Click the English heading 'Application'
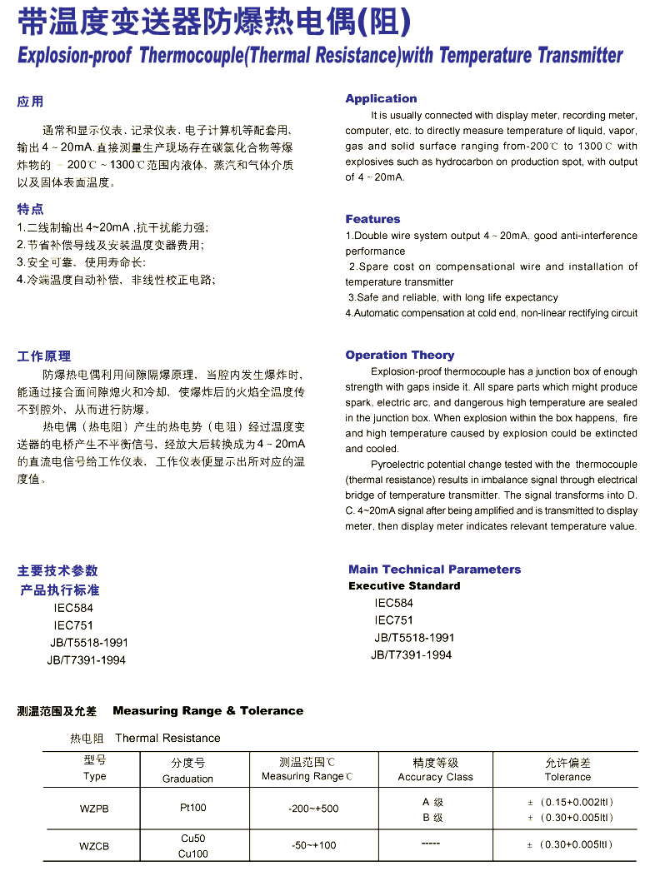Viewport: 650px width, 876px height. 381,98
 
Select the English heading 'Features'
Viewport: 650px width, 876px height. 372,219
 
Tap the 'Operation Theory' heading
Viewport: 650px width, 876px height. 400,355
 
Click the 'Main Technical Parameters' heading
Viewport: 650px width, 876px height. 434,570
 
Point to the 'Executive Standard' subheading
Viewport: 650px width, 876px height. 404,585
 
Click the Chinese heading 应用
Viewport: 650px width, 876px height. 30,102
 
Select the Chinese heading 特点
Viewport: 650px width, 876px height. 30,208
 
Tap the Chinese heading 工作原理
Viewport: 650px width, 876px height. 44,356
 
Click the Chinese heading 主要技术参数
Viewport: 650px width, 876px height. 57,570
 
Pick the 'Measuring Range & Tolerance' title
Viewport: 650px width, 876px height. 207,710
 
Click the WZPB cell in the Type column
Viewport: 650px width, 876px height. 94,809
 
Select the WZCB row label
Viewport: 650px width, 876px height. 94,846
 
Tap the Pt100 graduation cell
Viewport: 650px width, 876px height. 192,808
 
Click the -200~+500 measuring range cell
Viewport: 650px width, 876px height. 313,809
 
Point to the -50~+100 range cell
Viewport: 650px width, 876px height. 313,846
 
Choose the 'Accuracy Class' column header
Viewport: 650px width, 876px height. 435,777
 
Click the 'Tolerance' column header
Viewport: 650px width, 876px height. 567,777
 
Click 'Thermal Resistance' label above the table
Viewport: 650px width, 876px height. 167,738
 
